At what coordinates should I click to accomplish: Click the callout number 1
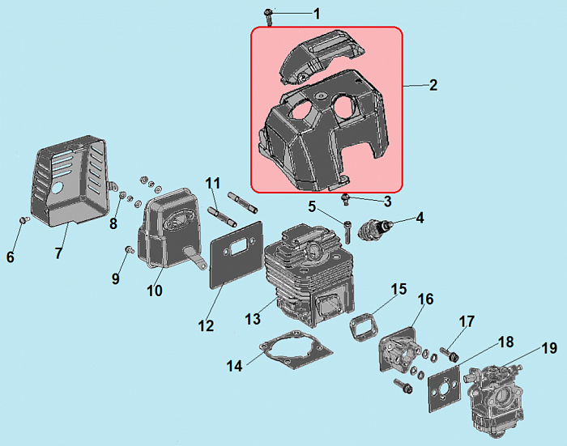(317, 14)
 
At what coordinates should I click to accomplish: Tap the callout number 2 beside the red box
(433, 85)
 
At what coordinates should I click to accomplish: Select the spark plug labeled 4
(375, 228)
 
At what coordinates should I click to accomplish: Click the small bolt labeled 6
(23, 219)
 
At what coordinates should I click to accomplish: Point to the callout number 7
(58, 253)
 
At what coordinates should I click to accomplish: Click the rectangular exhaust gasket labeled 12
(237, 254)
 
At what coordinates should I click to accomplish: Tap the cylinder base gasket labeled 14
(296, 350)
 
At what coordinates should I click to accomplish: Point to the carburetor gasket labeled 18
(445, 389)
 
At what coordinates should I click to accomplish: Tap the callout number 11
(212, 183)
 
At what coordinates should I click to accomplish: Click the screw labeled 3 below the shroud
(346, 199)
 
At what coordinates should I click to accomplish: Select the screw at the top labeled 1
(268, 17)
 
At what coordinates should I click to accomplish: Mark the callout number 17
(467, 321)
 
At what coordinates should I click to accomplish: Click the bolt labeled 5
(347, 231)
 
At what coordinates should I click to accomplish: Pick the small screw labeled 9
(129, 249)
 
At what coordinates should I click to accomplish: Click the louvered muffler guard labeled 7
(70, 181)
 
